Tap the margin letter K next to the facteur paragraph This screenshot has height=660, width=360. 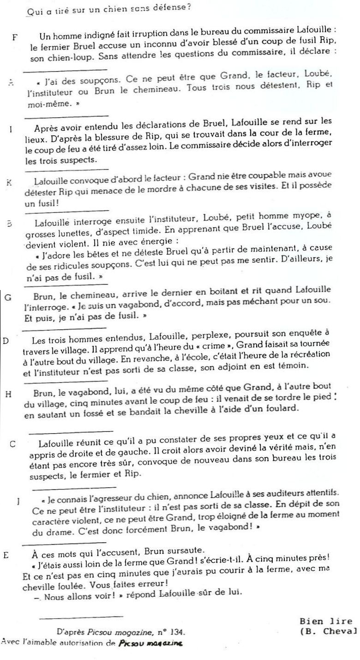10,182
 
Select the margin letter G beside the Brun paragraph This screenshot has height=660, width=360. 8,297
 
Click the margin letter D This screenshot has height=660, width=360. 6,341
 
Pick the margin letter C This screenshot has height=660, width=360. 13,444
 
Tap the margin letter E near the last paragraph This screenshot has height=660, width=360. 6,555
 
